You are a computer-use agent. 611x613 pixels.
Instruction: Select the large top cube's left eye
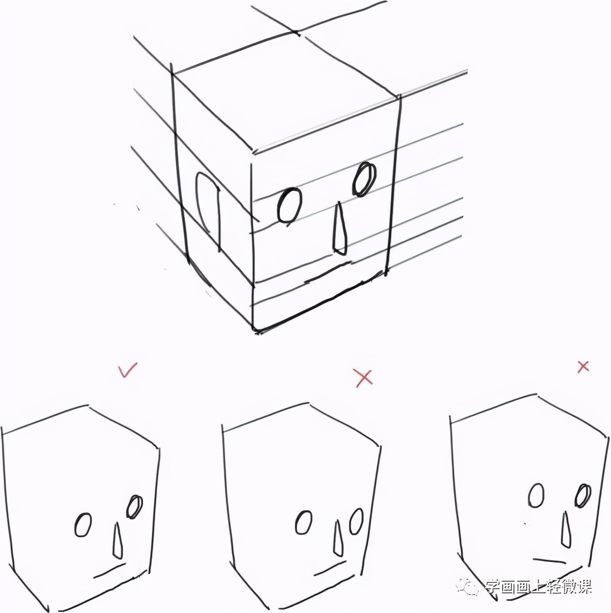click(290, 206)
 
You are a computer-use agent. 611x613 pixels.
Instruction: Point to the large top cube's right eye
click(364, 179)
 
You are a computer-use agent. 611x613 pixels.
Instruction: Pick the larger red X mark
click(363, 378)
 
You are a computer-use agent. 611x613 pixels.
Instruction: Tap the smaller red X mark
click(583, 367)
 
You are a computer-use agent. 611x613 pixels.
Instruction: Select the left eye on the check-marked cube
click(83, 525)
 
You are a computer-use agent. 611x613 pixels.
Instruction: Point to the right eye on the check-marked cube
click(134, 507)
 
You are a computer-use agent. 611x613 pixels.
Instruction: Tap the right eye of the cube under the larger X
click(356, 521)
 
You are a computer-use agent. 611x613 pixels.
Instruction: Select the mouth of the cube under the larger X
click(329, 570)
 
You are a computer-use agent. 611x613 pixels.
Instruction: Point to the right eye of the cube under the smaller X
click(584, 496)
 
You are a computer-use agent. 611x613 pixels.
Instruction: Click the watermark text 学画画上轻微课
click(538, 587)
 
